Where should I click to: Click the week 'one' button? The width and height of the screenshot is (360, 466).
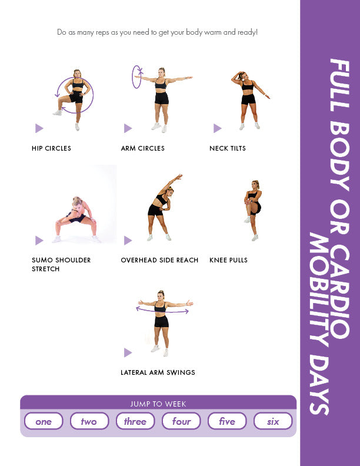[x=44, y=421]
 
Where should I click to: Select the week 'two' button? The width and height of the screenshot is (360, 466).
[x=89, y=421]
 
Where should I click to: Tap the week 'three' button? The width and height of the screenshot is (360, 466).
[x=135, y=421]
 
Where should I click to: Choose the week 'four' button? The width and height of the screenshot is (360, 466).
[x=181, y=421]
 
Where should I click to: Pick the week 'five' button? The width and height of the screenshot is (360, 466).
[x=227, y=421]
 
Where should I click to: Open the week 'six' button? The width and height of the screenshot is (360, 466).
[x=273, y=421]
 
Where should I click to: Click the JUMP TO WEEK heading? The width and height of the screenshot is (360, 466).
[x=158, y=404]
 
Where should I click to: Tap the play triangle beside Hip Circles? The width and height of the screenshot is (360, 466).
[x=39, y=128]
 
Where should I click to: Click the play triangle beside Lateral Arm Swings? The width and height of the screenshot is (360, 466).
[x=128, y=352]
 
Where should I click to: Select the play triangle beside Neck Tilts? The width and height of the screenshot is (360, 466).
[x=217, y=128]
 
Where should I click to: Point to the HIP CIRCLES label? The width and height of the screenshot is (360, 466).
[x=51, y=148]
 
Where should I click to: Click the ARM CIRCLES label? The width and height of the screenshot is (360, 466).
[x=142, y=148]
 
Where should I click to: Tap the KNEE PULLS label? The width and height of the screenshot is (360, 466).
[x=228, y=260]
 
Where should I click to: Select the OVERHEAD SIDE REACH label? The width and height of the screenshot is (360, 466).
[x=159, y=260]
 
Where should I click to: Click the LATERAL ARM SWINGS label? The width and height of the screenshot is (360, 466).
[x=158, y=372]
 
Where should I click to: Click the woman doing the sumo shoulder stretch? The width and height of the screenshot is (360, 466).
[x=76, y=220]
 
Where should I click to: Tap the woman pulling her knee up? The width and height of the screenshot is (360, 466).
[x=253, y=210]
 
